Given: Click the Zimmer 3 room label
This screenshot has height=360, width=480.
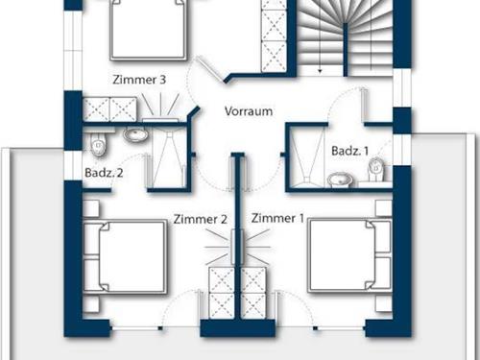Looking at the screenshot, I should point(140,81).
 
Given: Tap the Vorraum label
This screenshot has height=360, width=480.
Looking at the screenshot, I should point(248,110).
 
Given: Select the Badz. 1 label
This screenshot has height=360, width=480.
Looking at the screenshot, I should point(348,152).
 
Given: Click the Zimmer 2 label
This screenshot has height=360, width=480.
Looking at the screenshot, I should point(200,220).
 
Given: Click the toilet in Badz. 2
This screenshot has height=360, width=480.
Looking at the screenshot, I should point(98,144).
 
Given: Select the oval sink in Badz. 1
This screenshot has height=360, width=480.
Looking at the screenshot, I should point(339,179).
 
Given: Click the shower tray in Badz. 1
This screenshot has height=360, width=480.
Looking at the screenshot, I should point(306,155).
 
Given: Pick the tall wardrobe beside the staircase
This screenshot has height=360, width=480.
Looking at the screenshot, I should point(275,35).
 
